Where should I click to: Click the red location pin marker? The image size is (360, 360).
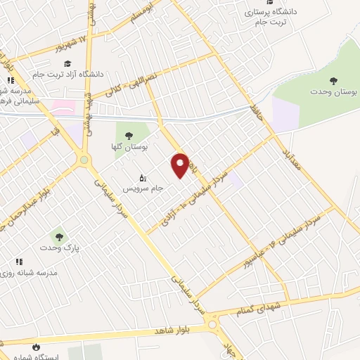180,165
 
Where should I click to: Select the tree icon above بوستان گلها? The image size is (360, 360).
127,135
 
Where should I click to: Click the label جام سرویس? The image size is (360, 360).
143,188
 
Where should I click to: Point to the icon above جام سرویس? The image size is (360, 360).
143,177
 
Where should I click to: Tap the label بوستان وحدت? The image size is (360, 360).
333,92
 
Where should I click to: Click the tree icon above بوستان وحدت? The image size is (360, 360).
333,80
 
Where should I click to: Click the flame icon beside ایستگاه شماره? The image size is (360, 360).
36,347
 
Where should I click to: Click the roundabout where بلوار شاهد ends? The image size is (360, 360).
212,325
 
